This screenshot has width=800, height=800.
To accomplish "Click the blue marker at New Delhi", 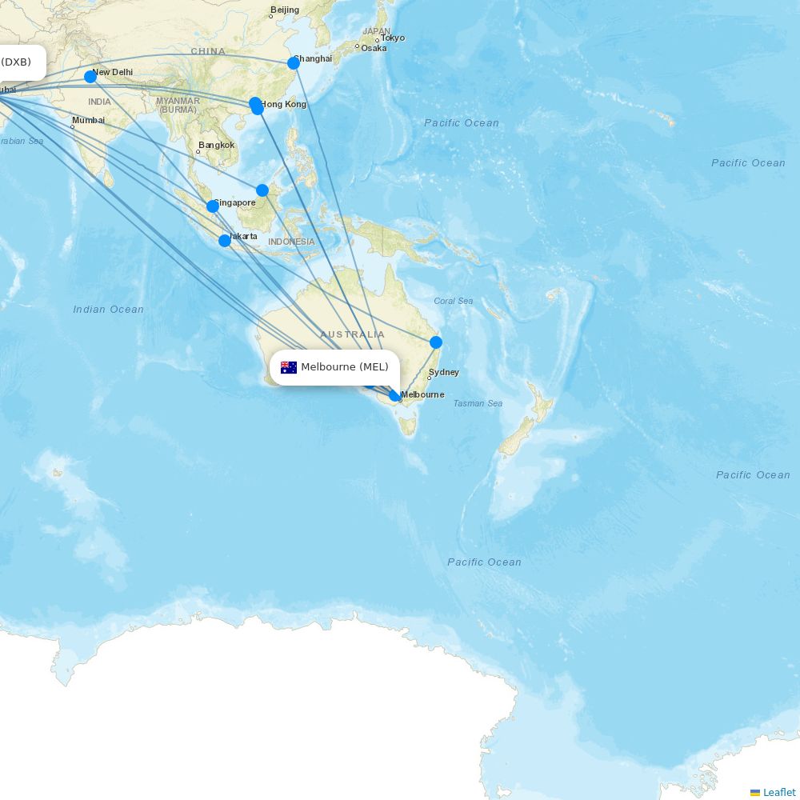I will click(90, 77).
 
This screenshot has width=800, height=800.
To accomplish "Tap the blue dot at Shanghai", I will click(294, 63).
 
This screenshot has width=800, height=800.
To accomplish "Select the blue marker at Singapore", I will click(213, 206).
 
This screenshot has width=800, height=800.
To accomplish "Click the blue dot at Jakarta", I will click(225, 241).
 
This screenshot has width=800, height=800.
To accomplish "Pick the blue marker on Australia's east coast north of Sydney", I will click(436, 342).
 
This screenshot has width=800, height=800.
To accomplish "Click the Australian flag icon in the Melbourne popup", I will click(289, 367).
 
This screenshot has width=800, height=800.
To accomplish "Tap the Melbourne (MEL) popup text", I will click(345, 367).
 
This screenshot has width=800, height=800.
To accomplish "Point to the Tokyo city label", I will click(392, 38).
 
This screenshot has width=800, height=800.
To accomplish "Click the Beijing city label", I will click(285, 10).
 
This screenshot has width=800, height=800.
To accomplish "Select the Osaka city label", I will click(374, 48).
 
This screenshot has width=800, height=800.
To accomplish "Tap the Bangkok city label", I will click(217, 145).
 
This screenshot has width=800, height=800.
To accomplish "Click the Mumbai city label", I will click(88, 120).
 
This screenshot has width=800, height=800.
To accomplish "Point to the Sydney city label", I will click(444, 372).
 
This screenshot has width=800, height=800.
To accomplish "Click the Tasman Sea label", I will click(478, 403).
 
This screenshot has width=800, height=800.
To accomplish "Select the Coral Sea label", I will click(453, 301).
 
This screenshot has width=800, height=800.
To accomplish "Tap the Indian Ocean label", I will click(108, 310).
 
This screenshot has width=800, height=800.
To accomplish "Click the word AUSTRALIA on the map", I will click(352, 334).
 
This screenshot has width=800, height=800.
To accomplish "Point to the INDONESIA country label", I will click(291, 242).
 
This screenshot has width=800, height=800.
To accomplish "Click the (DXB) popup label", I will click(16, 62).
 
